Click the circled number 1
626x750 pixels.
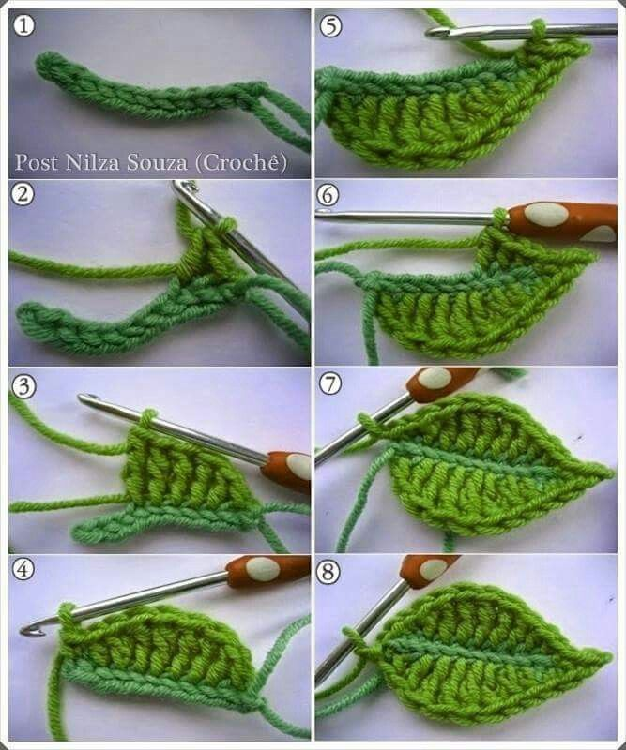point(23,25)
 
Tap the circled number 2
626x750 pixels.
point(23,195)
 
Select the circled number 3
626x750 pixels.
point(23,386)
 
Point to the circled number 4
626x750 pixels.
point(23,569)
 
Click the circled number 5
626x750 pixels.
point(330,25)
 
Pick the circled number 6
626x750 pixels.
point(328,195)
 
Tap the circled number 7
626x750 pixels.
point(330,383)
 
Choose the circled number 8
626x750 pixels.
point(328,571)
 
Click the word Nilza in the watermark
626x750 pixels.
point(92,162)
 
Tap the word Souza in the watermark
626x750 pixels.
point(157,163)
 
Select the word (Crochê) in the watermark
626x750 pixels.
point(241,163)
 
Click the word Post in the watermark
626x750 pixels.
point(37,162)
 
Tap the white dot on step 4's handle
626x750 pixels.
point(263,569)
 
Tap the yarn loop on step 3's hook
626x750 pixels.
point(148,417)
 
